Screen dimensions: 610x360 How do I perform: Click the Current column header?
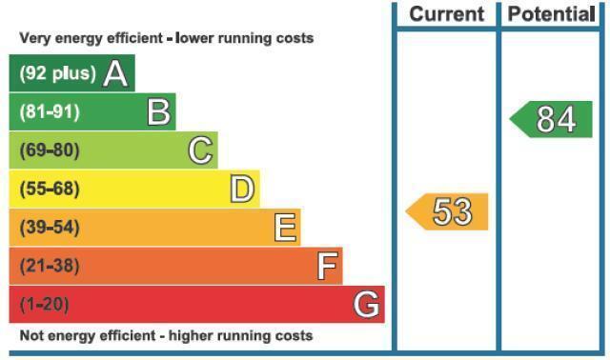[x=447, y=14]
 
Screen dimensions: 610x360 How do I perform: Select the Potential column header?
[x=552, y=14]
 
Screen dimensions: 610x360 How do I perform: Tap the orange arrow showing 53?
[x=447, y=211]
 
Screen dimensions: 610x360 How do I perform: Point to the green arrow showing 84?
[x=551, y=119]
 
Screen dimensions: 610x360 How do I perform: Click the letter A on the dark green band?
[x=115, y=73]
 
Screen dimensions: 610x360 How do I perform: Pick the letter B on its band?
[x=159, y=112]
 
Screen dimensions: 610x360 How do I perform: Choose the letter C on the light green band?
[x=201, y=150]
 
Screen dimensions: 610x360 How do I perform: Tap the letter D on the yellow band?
[x=242, y=189]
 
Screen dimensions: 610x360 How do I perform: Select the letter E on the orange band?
[x=286, y=228]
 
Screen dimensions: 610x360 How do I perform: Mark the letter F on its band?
[x=328, y=266]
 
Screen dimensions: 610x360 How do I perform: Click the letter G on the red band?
[x=366, y=305]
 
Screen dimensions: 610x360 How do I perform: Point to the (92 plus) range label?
[x=57, y=73]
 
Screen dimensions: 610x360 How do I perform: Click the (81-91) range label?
[x=50, y=112]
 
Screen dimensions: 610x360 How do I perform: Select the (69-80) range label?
[x=50, y=150]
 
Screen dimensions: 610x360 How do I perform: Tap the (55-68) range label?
[x=50, y=189]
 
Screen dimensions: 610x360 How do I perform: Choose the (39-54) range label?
[x=50, y=228]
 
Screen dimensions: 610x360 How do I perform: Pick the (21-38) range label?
[x=50, y=266]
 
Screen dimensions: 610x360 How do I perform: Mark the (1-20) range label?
[x=45, y=305]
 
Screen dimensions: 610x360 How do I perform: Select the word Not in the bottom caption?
[x=30, y=335]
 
